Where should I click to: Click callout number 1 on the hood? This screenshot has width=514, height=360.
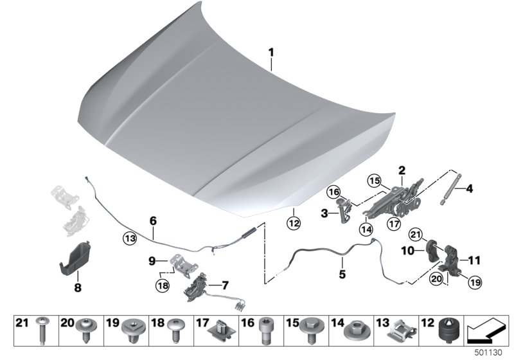pos(271,51)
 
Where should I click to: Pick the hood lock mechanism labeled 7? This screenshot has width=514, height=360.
pos(196,287)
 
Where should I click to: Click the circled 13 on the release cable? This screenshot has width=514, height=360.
pos(130,238)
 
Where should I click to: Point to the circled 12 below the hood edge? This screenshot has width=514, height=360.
pos(293,224)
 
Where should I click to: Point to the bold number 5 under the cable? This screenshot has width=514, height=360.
pos(342,273)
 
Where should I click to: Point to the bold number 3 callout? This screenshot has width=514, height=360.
pos(324,213)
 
